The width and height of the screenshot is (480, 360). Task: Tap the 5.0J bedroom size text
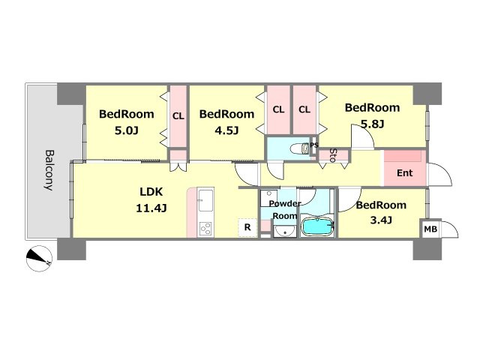pos(127,130)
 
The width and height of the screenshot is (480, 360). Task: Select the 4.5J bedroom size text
pos(226,130)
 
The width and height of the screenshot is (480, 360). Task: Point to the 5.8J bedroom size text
pos(372,124)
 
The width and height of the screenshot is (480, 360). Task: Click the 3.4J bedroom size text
pos(381,220)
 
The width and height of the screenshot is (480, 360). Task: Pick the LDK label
pos(151,192)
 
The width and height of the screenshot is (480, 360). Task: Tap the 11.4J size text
pos(151,208)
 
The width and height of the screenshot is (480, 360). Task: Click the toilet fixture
pos(301,148)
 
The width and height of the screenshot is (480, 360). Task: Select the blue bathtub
pos(318,226)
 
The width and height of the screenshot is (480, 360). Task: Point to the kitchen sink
pos(205,200)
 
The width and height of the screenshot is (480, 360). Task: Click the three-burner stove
pos(205,228)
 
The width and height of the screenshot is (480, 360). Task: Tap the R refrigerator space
pos(247,227)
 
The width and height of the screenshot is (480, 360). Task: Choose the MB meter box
pos(430,229)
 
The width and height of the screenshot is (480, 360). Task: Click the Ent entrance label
pos(405,173)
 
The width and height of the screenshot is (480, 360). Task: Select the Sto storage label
pos(333,155)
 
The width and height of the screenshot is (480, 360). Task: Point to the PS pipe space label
pos(314,145)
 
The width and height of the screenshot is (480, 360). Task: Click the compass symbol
pos(39,259)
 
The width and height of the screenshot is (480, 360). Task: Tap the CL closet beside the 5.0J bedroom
pos(178,116)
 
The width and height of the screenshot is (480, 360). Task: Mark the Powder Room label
pos(285,210)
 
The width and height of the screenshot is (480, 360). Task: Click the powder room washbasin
pos(285,232)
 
